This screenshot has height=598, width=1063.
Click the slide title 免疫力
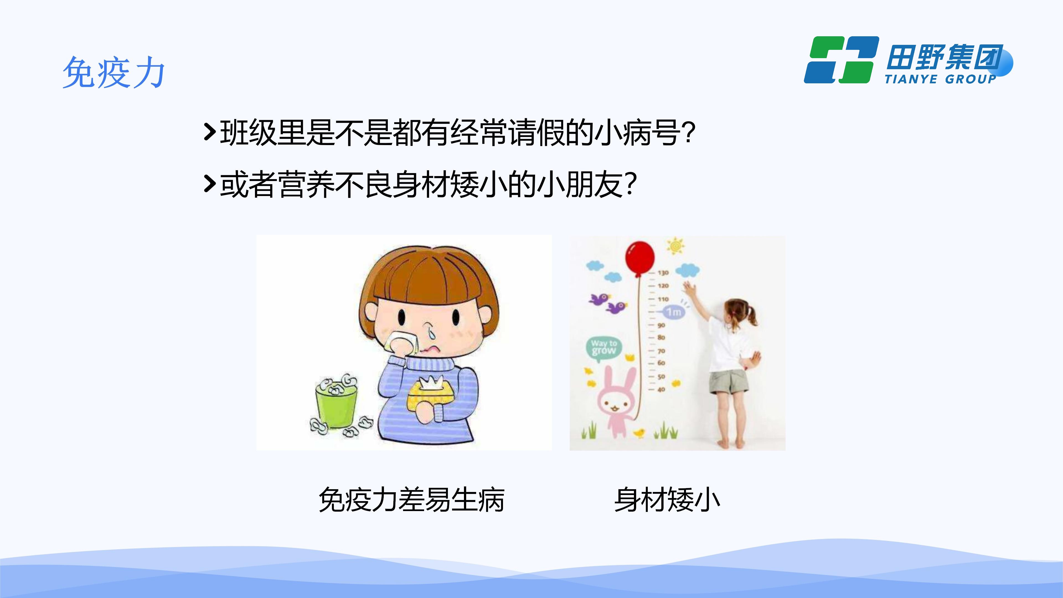pos(114,73)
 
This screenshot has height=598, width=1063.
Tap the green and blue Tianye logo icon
pos(841,60)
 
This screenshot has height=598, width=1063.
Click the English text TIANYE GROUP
pos(940,79)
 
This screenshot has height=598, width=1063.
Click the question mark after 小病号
pos(688,133)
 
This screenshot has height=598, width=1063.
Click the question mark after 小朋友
pos(630,184)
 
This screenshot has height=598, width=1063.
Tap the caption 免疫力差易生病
pos(411,500)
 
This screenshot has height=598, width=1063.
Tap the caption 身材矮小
pos(667,500)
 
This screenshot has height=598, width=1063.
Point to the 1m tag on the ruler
pos(674,311)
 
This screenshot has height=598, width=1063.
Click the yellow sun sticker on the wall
pos(675,246)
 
